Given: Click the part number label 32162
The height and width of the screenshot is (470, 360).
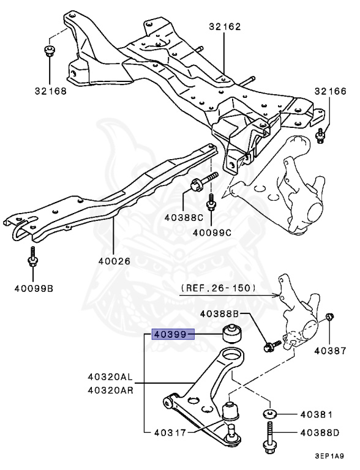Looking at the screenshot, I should (224, 26).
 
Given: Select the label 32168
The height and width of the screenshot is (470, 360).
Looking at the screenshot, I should (50, 91).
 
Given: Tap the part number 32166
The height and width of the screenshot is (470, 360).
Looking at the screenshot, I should (330, 91).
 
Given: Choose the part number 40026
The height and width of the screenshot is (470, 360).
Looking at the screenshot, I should (114, 261).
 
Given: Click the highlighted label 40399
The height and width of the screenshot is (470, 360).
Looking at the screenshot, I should (173, 334).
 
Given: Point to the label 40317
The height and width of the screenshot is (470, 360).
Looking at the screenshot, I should (168, 432).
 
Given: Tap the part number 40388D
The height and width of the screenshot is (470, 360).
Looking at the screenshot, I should (320, 433).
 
